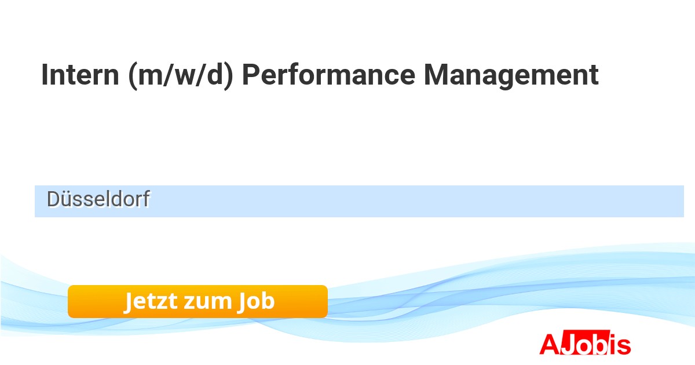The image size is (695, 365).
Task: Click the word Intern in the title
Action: point(80,75)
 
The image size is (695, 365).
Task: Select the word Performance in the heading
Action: point(328,75)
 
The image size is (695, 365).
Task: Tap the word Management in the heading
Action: point(511,76)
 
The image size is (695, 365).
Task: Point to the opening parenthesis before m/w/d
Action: point(133,76)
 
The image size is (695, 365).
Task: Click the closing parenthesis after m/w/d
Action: point(228,76)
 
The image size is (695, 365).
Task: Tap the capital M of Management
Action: point(436,75)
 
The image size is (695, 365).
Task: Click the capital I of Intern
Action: point(44,75)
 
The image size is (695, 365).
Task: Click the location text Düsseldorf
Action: point(98,199)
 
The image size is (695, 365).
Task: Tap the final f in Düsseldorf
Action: point(146,199)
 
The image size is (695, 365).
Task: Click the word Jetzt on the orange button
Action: point(151,301)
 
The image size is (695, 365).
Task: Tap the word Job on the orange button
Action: point(256,301)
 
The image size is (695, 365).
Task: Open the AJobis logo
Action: point(585,342)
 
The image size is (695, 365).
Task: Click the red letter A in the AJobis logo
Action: point(550,344)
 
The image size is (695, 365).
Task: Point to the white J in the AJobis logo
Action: point(568,343)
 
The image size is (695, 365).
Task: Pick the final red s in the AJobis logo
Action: point(624,346)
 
